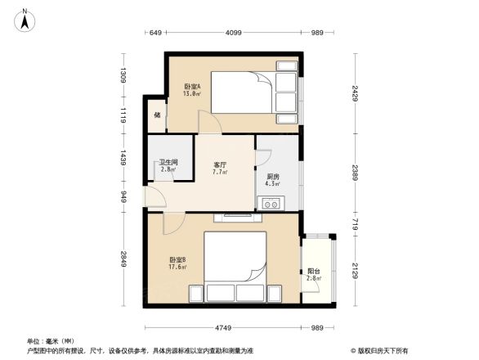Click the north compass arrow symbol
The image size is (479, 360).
pos(25,18)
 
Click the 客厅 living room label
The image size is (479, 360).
pos(220,164)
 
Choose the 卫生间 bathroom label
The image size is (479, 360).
pos(168,163)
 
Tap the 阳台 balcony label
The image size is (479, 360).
pos(314,272)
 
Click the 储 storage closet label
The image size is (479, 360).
pos(156,114)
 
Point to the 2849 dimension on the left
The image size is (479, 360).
pos(123,259)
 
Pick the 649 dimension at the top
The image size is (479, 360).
pos(157,33)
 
